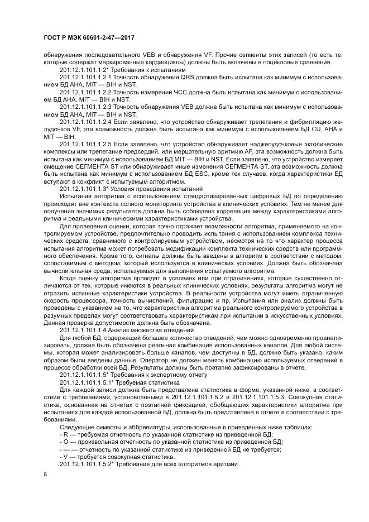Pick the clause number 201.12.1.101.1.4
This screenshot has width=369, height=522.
point(83,331)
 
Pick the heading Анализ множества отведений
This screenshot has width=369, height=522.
point(146,331)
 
